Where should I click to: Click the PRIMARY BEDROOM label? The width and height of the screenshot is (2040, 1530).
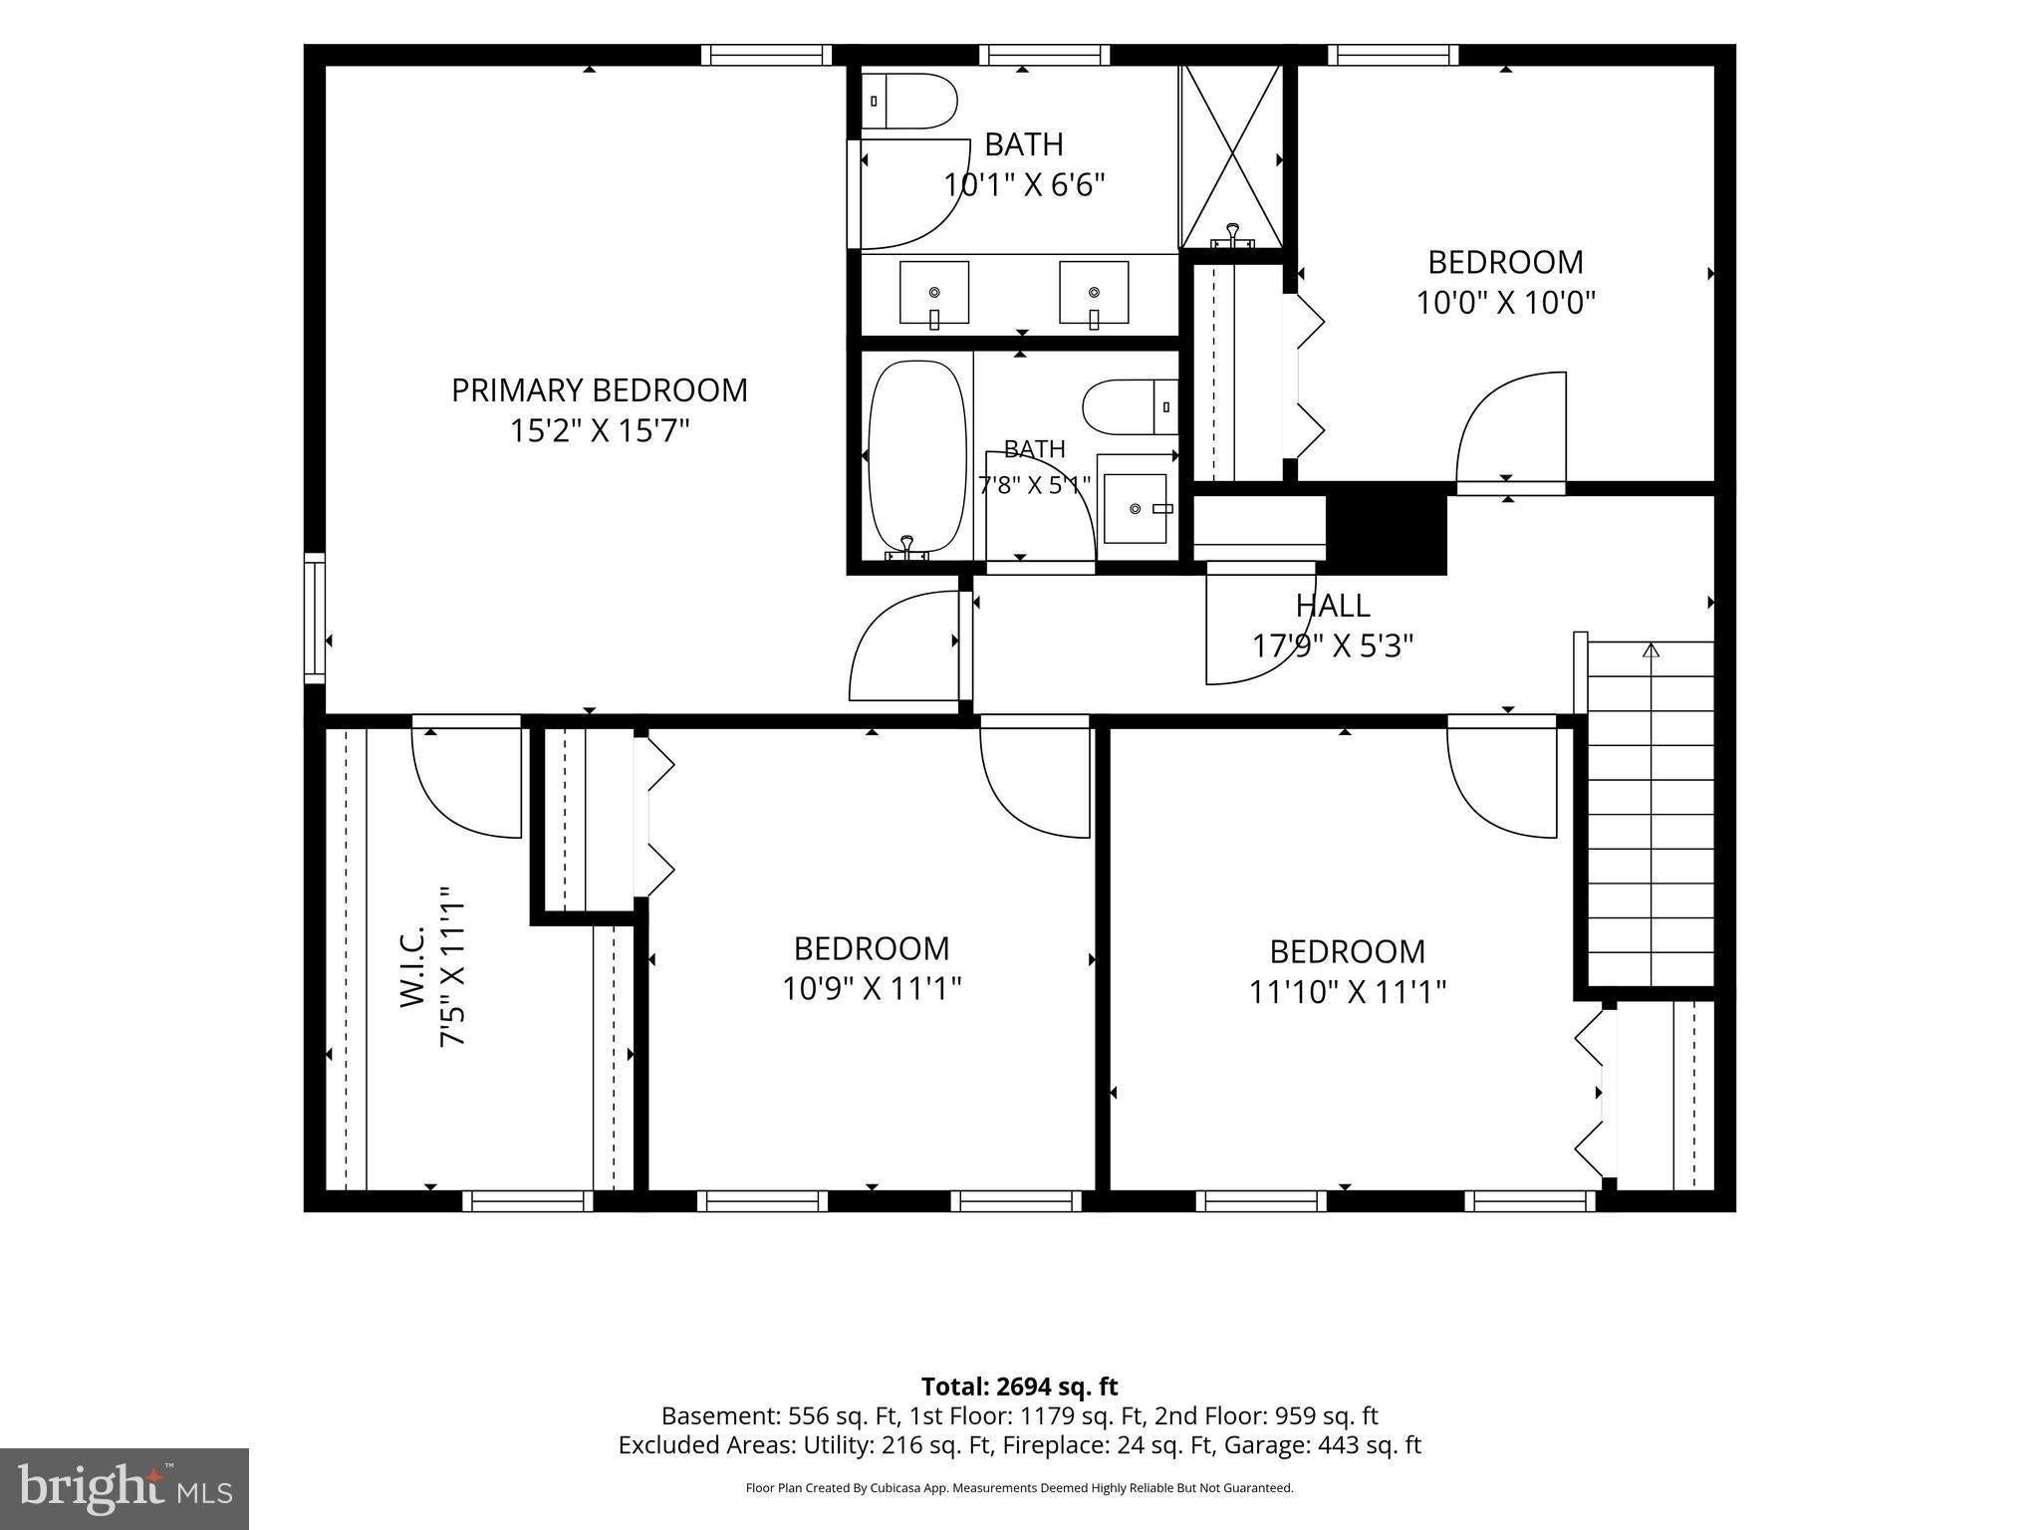click(x=599, y=389)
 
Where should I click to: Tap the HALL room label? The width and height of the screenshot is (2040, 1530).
click(x=1333, y=605)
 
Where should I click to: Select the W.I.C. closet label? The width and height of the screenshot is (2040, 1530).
click(x=413, y=966)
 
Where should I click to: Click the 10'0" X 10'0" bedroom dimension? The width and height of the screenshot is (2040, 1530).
click(x=1506, y=302)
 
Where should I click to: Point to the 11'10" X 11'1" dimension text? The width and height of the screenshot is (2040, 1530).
click(x=1348, y=992)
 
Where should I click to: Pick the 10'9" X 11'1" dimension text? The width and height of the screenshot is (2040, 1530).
click(x=872, y=988)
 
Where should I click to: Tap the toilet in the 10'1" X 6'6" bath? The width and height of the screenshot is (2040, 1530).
click(x=909, y=101)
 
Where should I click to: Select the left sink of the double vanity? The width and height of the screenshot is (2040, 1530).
click(x=934, y=293)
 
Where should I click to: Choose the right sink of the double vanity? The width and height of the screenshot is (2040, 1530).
click(x=1094, y=293)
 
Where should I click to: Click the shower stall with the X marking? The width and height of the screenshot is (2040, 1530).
click(x=1232, y=157)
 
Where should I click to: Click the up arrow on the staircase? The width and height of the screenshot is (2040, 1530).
click(x=1652, y=651)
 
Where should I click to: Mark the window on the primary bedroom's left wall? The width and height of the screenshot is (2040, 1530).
click(x=315, y=618)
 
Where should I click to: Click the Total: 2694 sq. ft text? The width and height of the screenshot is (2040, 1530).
click(x=1019, y=1387)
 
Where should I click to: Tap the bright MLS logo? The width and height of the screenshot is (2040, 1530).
click(x=125, y=1488)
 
